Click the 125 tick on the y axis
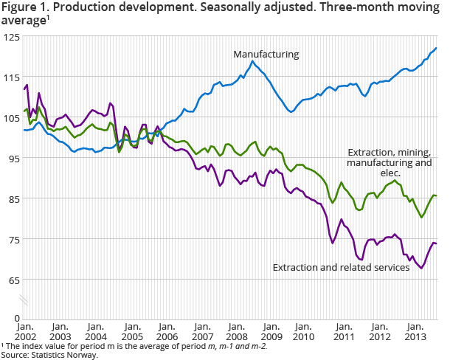tap(11, 37)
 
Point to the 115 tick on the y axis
tap(11, 77)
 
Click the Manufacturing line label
tap(266, 54)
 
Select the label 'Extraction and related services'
tap(341, 267)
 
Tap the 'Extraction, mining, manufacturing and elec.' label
tap(389, 162)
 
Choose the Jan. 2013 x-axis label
tap(417, 330)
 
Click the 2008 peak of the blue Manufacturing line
tap(253, 61)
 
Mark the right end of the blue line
tap(437, 48)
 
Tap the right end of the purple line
tap(437, 243)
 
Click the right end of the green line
tap(437, 195)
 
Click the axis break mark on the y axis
tap(24, 300)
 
